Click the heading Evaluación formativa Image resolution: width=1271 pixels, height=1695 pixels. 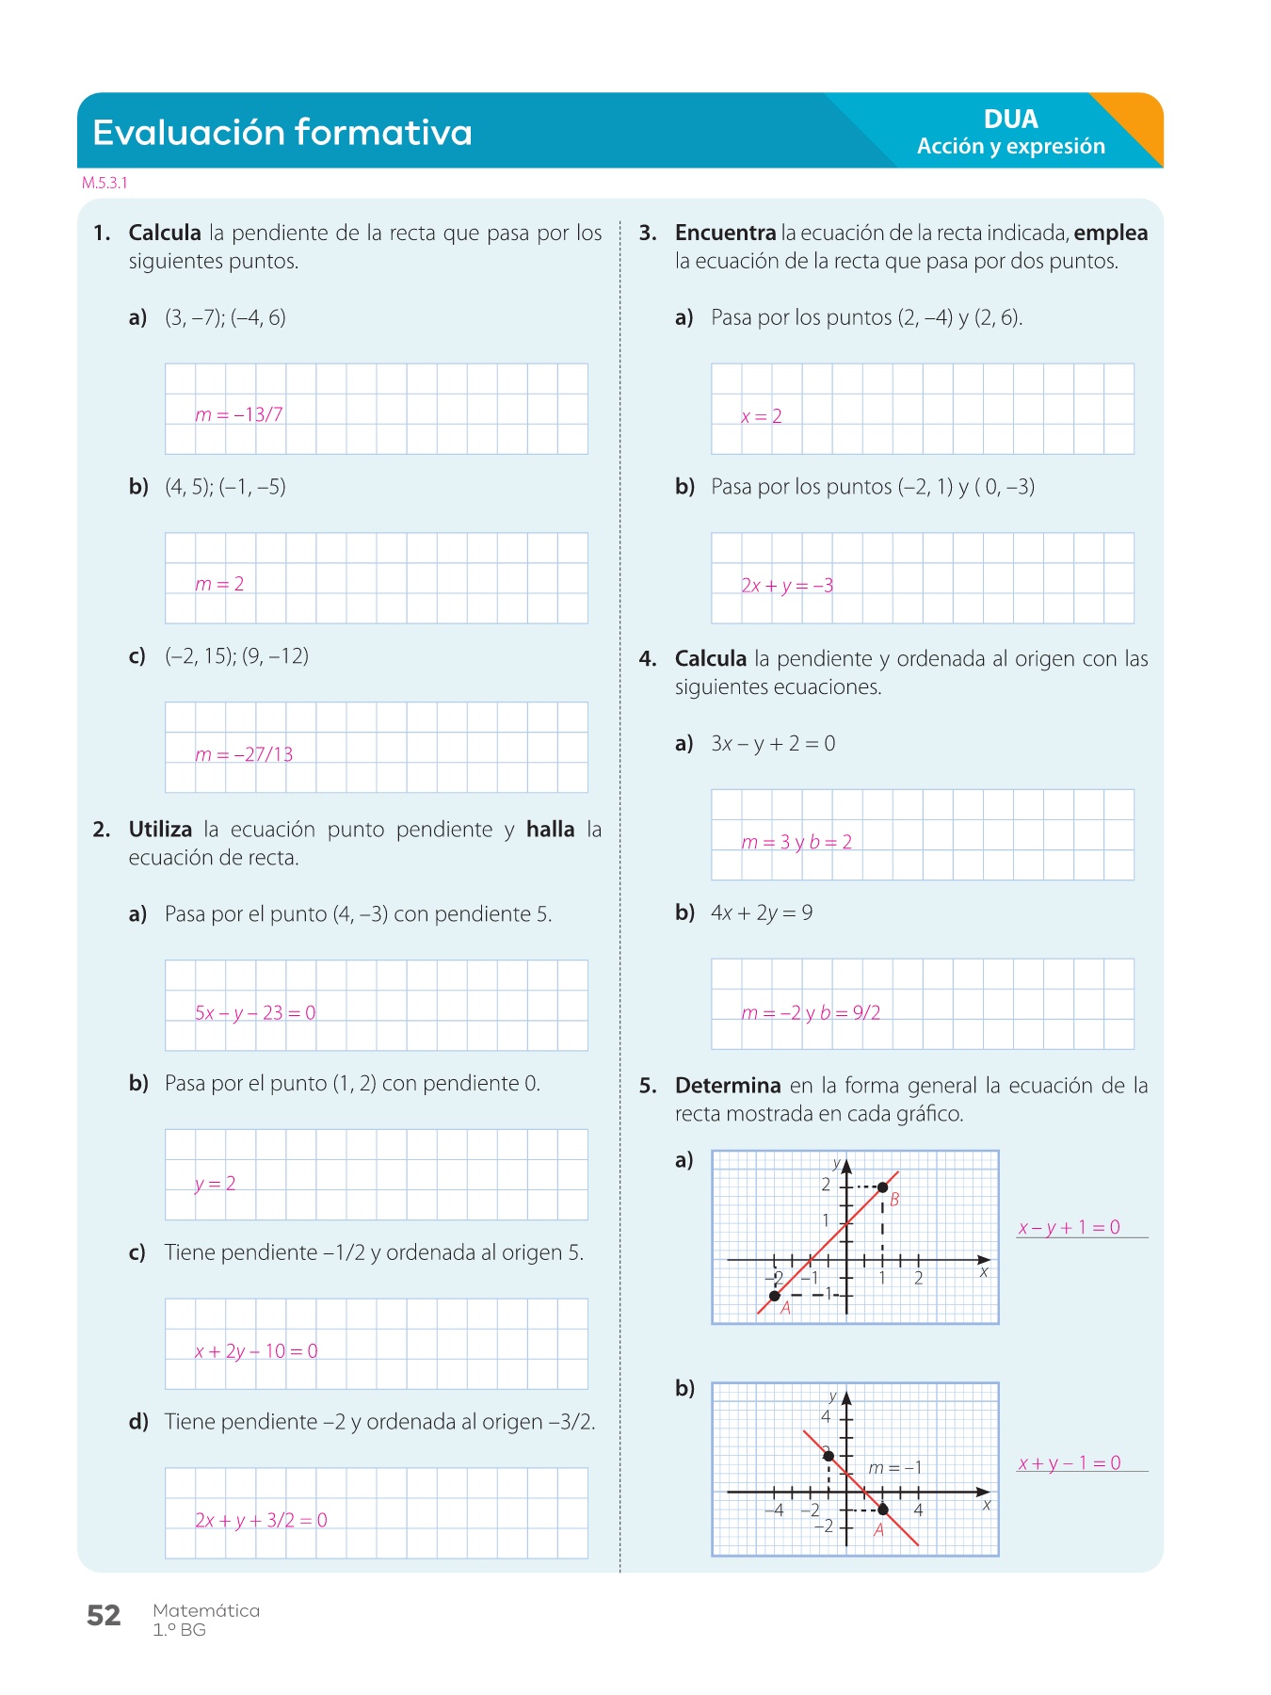click(x=282, y=132)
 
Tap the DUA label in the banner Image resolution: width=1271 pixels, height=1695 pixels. click(x=1010, y=119)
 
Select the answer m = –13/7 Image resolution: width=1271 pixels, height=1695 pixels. click(x=239, y=414)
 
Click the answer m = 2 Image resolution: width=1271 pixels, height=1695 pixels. click(x=219, y=584)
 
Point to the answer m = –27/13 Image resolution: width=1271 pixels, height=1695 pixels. click(x=244, y=754)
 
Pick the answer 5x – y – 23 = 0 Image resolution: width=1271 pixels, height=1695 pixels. click(x=255, y=1013)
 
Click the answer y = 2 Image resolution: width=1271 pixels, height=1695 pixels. click(x=215, y=1184)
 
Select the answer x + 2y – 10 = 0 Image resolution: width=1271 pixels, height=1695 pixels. click(x=256, y=1351)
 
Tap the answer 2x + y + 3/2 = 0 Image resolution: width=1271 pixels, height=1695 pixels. click(x=261, y=1520)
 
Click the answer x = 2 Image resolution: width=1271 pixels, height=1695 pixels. click(x=761, y=416)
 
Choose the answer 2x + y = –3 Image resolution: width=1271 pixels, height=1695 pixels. click(x=787, y=586)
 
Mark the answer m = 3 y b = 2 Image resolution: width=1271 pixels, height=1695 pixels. click(x=796, y=842)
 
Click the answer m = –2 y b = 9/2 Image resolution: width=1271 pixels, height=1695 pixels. click(x=811, y=1013)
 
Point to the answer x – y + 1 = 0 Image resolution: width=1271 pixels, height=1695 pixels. click(x=1069, y=1227)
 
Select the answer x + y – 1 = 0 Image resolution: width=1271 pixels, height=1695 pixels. click(x=1069, y=1463)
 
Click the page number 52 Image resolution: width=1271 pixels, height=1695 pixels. click(x=104, y=1616)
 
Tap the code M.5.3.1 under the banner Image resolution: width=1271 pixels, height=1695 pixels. click(x=105, y=183)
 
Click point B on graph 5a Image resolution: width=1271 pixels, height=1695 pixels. click(x=882, y=1187)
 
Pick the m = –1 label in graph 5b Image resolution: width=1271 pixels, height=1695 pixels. click(x=894, y=1468)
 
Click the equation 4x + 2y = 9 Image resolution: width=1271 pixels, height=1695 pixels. click(x=762, y=912)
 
